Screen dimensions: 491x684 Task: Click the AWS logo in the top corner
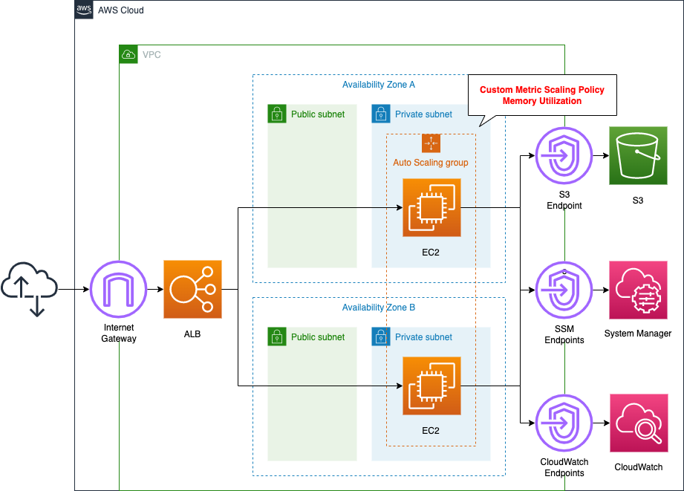(x=85, y=10)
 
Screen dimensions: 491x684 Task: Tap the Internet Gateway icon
(x=119, y=290)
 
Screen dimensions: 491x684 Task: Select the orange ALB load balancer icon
(x=193, y=290)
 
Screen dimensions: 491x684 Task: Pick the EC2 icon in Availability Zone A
(x=431, y=207)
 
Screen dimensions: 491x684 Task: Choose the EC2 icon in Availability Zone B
(x=431, y=386)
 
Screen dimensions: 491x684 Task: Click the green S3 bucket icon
(x=638, y=155)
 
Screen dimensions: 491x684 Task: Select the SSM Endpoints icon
(x=564, y=290)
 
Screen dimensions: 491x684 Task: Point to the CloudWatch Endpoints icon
(x=564, y=423)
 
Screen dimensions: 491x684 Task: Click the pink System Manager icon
(x=638, y=290)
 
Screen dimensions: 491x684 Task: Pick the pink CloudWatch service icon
(x=638, y=423)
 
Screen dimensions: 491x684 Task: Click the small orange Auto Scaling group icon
(x=431, y=143)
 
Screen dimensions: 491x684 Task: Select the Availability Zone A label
(x=379, y=85)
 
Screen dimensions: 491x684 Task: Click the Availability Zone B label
(x=379, y=308)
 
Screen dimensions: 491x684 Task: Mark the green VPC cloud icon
(x=128, y=54)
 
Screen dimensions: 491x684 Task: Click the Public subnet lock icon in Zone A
(x=277, y=114)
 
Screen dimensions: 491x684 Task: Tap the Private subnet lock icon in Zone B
(x=381, y=336)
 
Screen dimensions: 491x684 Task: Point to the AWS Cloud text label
(x=121, y=10)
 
